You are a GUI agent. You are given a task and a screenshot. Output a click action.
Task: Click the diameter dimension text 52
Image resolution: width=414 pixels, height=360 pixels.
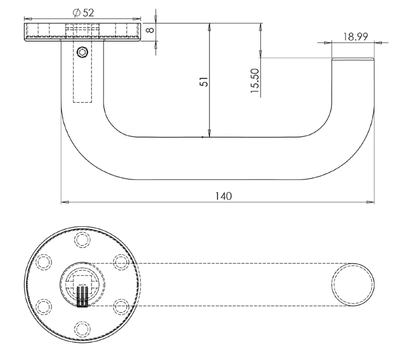(88, 13)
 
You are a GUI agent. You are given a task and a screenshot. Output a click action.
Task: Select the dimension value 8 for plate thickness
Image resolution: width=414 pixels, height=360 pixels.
(151, 30)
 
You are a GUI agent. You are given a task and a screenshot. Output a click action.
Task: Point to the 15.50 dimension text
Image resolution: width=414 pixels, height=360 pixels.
(255, 81)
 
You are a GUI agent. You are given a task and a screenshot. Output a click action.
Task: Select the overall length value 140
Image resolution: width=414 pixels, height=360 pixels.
(224, 196)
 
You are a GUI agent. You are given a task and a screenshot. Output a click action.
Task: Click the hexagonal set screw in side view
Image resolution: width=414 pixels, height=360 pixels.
(82, 51)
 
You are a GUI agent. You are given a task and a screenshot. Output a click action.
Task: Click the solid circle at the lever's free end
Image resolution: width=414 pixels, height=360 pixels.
(353, 284)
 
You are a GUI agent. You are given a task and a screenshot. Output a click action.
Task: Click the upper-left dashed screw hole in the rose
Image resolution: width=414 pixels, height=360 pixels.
(44, 262)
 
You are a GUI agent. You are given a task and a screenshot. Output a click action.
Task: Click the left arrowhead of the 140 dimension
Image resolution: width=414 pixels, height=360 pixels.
(64, 202)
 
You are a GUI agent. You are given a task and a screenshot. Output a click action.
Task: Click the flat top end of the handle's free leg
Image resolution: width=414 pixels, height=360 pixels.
(353, 59)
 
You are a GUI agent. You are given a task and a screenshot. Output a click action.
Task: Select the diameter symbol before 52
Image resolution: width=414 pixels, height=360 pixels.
(77, 13)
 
